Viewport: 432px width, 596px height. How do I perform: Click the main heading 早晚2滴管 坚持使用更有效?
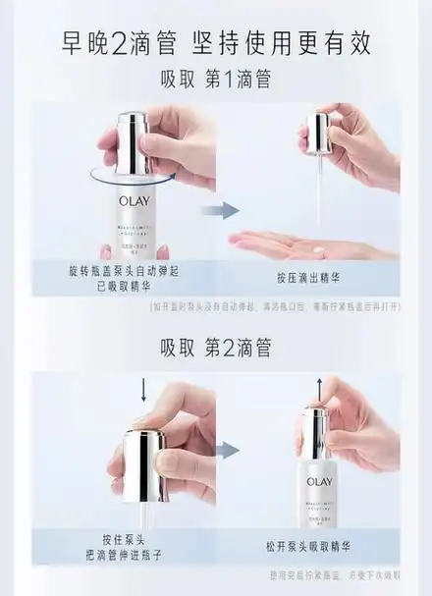(216, 45)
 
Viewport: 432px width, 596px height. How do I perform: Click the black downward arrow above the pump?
(143, 392)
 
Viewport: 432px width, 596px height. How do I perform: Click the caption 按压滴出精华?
(323, 278)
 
